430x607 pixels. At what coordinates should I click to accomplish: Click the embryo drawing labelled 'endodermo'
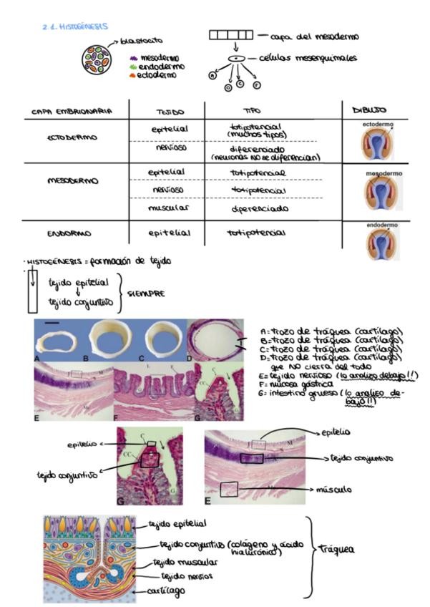coord(383,242)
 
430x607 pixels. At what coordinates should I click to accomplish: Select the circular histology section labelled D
coord(214,341)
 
